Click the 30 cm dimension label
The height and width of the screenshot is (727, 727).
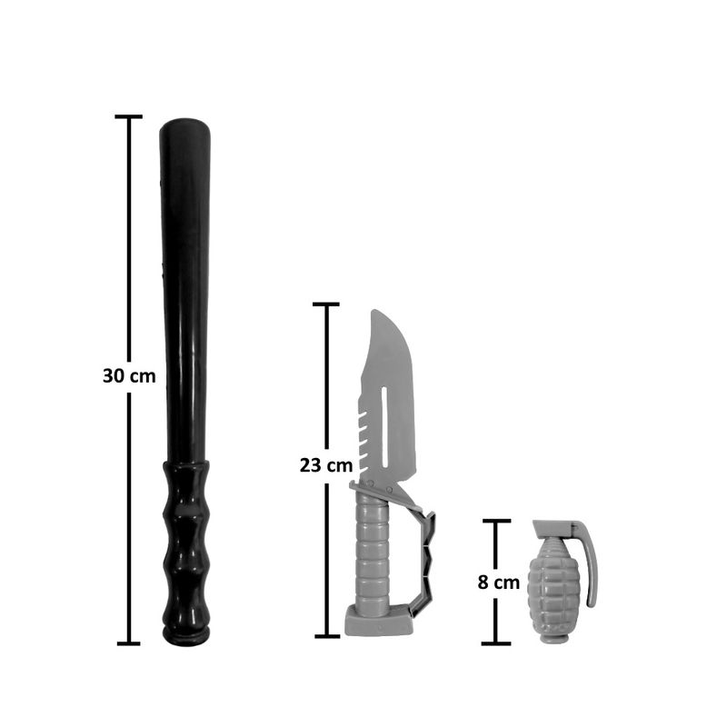click(x=129, y=376)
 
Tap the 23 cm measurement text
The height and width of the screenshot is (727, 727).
click(x=326, y=465)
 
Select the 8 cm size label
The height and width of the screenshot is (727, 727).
click(x=498, y=583)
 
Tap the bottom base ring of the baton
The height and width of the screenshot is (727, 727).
click(x=186, y=637)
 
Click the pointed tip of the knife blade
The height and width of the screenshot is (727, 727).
click(x=375, y=311)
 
